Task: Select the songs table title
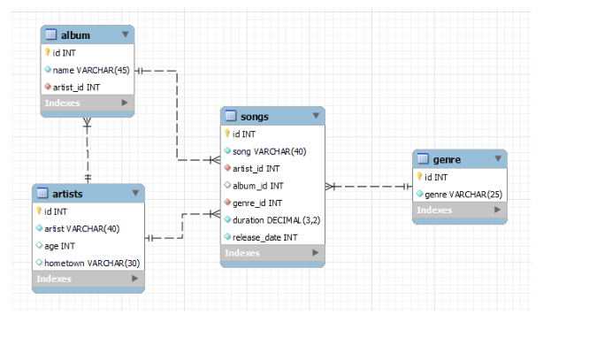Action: pyautogui.click(x=255, y=117)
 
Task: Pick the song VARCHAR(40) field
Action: pyautogui.click(x=269, y=151)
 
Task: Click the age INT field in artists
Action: pyautogui.click(x=63, y=246)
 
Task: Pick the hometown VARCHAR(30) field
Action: pyautogui.click(x=91, y=263)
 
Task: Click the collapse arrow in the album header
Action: pyautogui.click(x=125, y=34)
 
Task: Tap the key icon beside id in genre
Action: pyautogui.click(x=419, y=176)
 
